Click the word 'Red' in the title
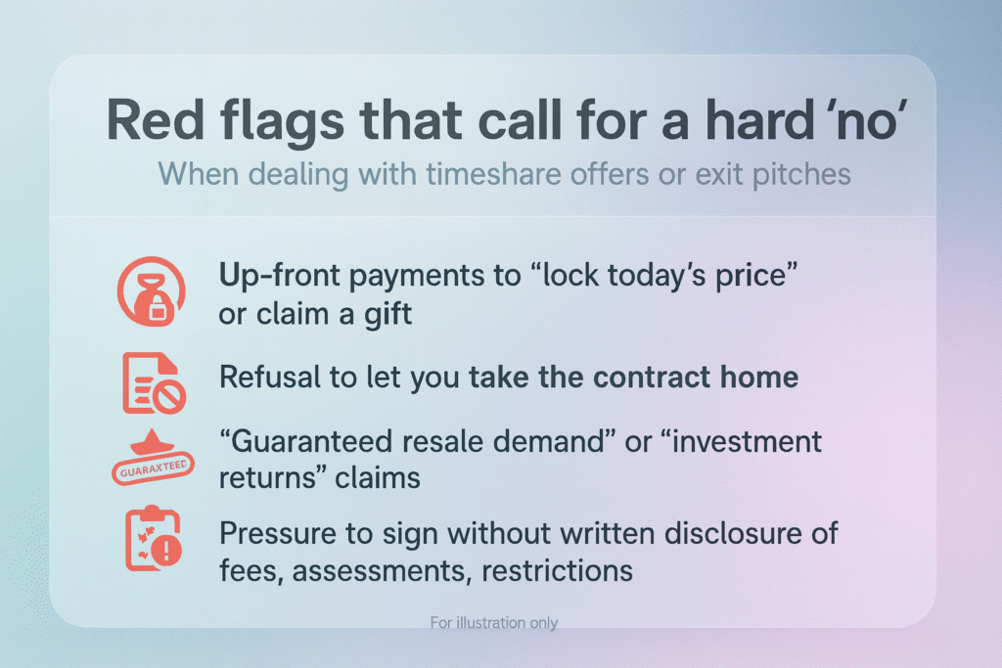[156, 119]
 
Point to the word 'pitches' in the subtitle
[800, 174]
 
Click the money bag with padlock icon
[152, 291]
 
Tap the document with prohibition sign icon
[154, 382]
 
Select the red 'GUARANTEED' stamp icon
[153, 458]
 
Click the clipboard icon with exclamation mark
[154, 538]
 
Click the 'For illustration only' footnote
[494, 622]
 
